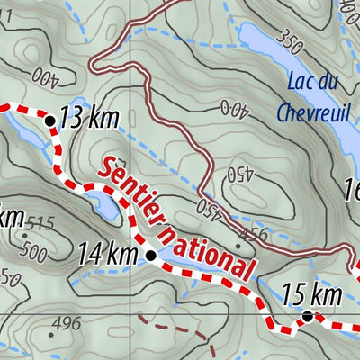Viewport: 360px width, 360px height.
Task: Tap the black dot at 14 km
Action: pos(151,256)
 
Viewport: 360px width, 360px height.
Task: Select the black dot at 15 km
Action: pos(307,316)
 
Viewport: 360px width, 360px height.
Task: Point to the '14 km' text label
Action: pos(107,256)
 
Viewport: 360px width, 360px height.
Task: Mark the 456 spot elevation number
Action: pos(256,235)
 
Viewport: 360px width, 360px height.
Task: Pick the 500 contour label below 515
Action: pos(33,253)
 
